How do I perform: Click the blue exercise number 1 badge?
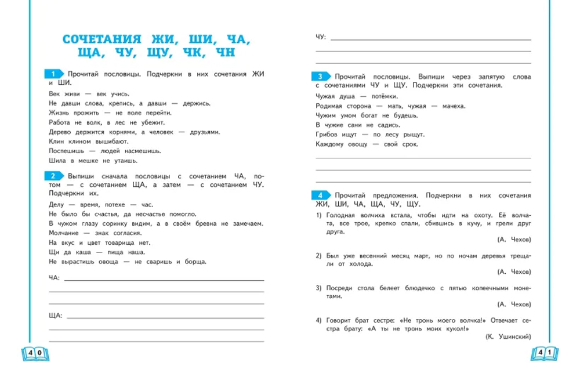[x=53, y=74]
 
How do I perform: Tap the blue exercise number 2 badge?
[x=53, y=176]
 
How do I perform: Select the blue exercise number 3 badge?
[x=320, y=77]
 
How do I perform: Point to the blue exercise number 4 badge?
[x=320, y=196]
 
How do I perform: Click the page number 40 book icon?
[x=35, y=353]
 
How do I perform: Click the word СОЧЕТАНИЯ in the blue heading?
[x=101, y=39]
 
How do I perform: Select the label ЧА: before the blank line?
[x=54, y=278]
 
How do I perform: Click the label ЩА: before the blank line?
[x=56, y=316]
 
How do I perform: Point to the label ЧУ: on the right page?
[x=321, y=37]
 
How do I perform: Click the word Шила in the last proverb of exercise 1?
[x=57, y=160]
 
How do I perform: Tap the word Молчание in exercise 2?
[x=63, y=233]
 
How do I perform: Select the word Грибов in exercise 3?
[x=327, y=135]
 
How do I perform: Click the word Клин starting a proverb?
[x=57, y=141]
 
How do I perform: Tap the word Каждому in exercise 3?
[x=330, y=144]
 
